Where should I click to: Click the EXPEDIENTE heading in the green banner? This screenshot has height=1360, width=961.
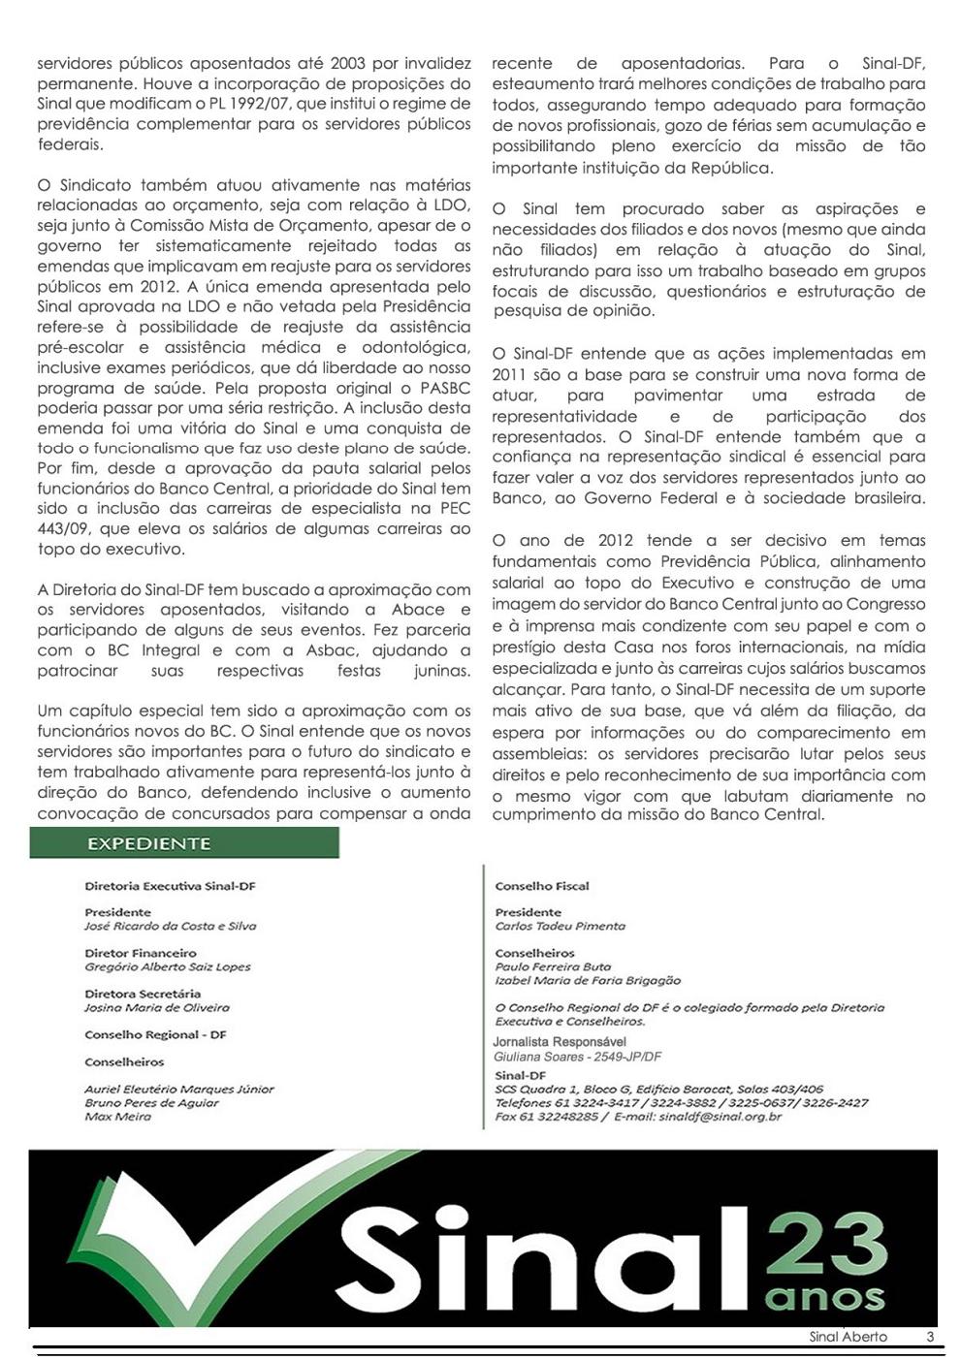pos(148,843)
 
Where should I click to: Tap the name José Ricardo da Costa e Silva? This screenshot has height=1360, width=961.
pos(170,926)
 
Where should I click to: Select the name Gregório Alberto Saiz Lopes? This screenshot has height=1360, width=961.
pos(167,966)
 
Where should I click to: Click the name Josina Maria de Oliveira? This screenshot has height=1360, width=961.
pos(157,1007)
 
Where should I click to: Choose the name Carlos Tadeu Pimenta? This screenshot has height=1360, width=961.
pos(560,926)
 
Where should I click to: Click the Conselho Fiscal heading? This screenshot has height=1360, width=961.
pos(541,886)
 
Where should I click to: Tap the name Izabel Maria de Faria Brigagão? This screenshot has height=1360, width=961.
pos(588,980)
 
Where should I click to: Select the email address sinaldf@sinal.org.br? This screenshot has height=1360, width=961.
pos(720,1117)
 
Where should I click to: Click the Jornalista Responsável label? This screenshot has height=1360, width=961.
pos(559,1042)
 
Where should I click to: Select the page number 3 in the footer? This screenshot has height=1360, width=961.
pos(930,1337)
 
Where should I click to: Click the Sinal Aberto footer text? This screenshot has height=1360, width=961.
pos(848,1337)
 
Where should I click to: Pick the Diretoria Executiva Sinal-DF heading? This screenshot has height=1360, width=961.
pos(170,886)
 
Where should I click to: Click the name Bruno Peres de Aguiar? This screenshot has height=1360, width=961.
pos(151,1103)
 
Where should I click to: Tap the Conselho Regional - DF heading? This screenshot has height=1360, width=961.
pos(155,1034)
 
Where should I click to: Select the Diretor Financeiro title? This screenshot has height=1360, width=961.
pos(140,953)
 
